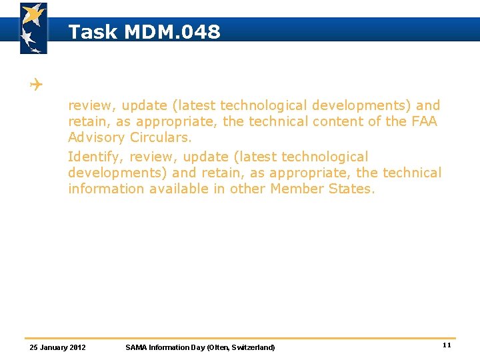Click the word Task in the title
click(x=94, y=31)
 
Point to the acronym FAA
click(x=424, y=121)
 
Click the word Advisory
click(x=97, y=138)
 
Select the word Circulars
click(x=161, y=138)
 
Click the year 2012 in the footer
click(x=78, y=347)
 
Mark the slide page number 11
click(x=447, y=345)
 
